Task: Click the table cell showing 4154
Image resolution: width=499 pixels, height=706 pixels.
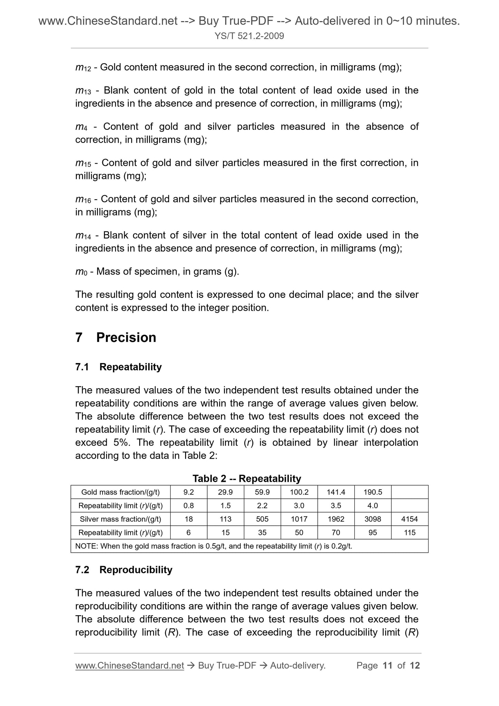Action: (x=410, y=519)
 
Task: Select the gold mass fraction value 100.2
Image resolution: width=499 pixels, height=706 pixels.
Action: (x=299, y=492)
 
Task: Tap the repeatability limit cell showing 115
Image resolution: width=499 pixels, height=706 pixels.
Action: (x=410, y=532)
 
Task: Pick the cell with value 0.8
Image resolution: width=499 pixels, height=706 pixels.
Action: (x=189, y=505)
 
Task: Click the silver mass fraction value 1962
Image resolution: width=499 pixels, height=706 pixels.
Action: (x=336, y=519)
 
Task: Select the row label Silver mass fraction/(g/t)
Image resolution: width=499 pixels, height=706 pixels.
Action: (x=120, y=519)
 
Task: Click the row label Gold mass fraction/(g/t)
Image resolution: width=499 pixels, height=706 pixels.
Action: (x=120, y=492)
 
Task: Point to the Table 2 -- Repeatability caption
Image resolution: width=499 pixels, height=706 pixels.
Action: (x=247, y=478)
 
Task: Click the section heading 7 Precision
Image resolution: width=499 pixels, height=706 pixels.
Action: (x=116, y=337)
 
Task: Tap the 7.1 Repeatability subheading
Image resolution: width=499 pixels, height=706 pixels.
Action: (x=118, y=367)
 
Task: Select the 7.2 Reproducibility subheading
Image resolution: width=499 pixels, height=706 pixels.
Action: (x=124, y=570)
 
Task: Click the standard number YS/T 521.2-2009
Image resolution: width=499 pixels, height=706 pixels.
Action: (x=249, y=36)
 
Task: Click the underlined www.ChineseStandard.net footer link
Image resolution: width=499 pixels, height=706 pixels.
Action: (x=129, y=665)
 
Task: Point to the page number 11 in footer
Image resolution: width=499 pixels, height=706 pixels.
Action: (x=387, y=665)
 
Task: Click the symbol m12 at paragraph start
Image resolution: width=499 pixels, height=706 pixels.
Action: (x=83, y=68)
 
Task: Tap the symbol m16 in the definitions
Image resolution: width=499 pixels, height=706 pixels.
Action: (x=83, y=200)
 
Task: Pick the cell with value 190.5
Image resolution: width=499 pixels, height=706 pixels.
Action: (x=373, y=492)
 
